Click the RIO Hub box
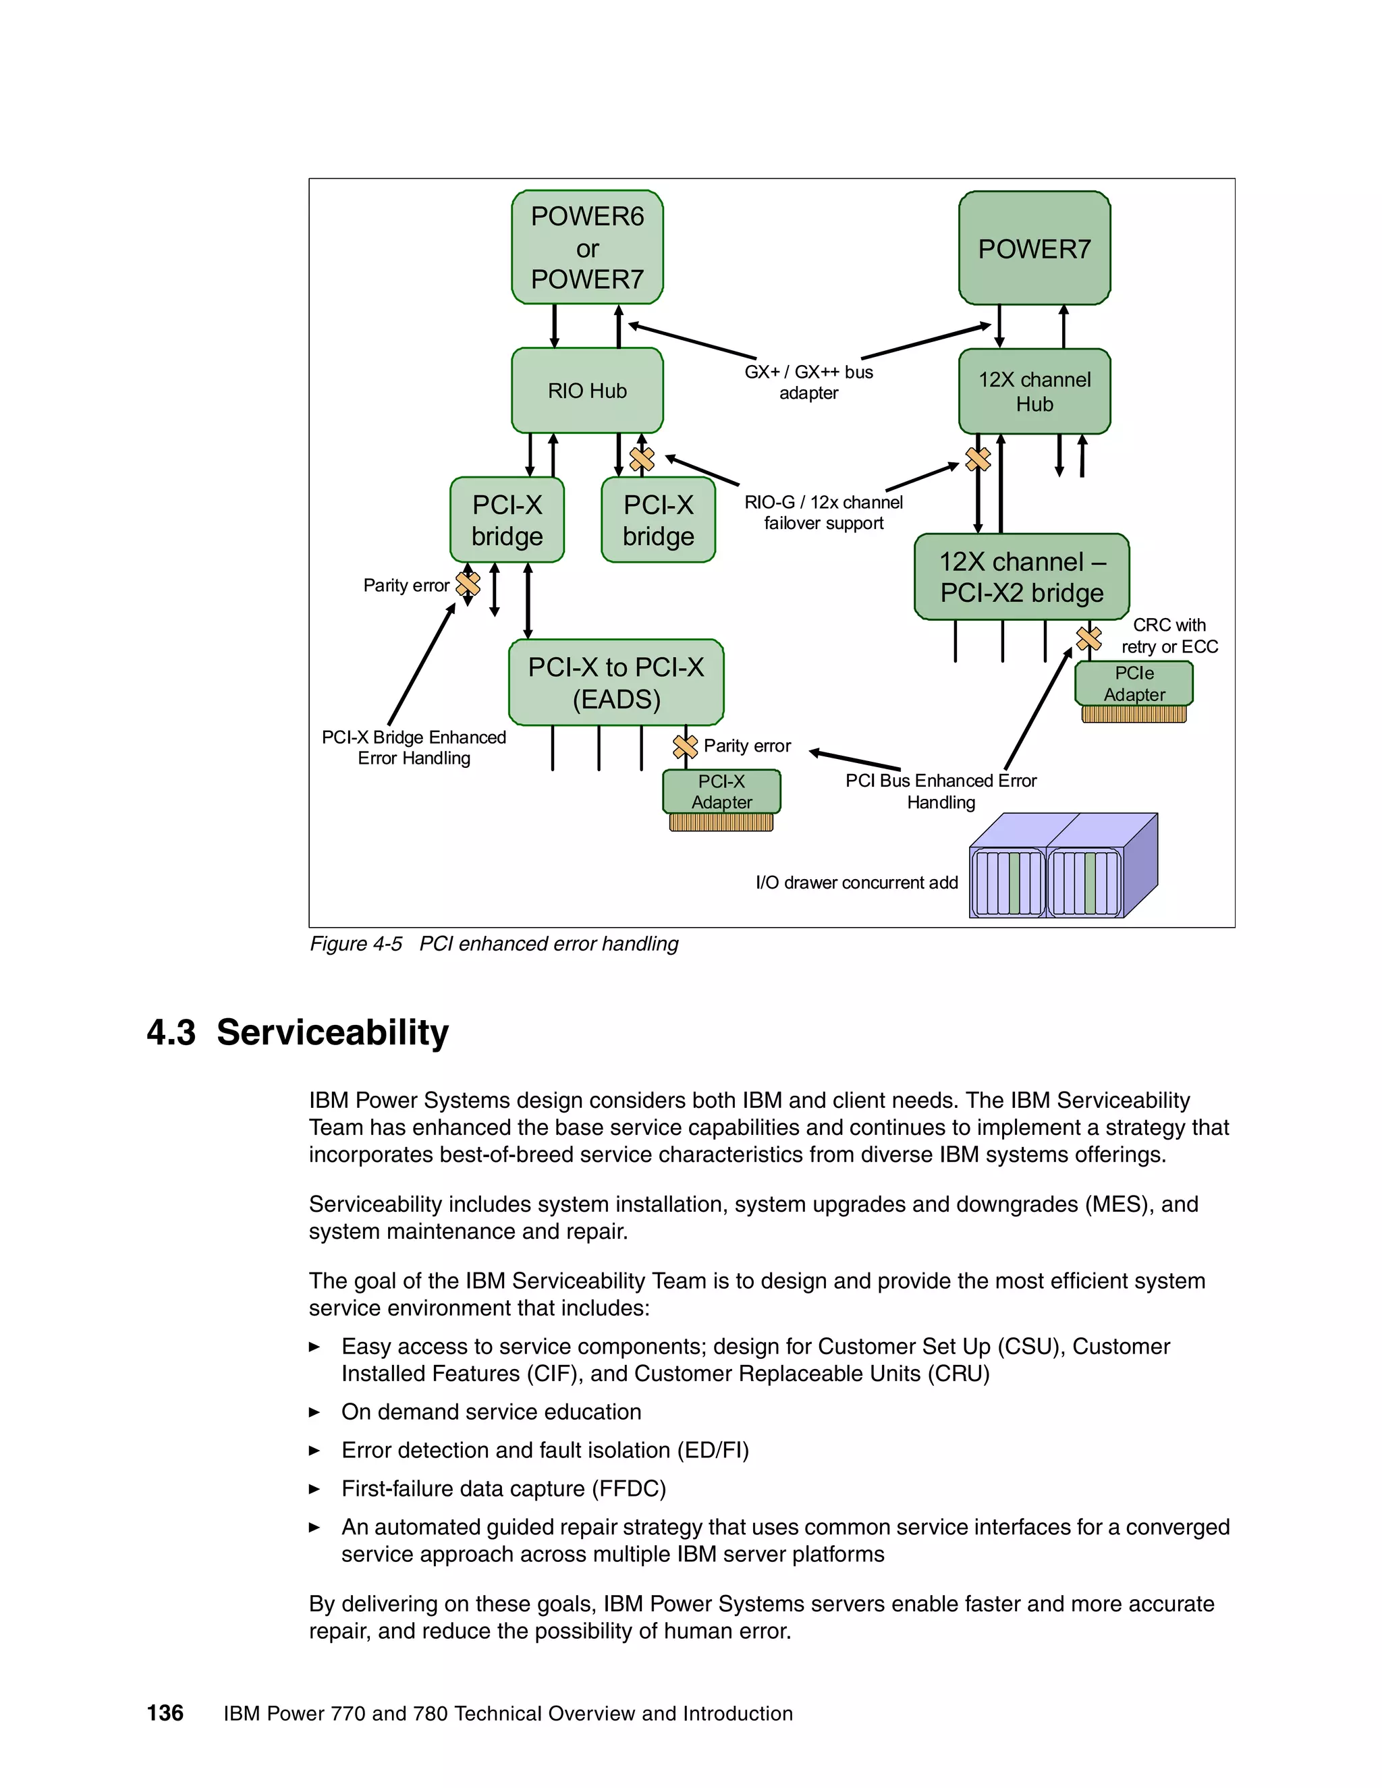pos(587,391)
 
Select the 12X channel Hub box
pos(1034,391)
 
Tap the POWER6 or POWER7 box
pos(587,247)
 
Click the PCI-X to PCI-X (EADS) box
pos(615,683)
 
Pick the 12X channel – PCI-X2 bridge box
pos(1021,576)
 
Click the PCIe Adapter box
pos(1134,683)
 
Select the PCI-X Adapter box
pos(721,791)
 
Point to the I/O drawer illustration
pos(1063,866)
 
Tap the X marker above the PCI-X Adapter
pos(684,746)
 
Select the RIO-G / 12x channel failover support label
pos(824,513)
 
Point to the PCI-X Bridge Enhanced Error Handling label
pos(414,748)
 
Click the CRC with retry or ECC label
pos(1169,636)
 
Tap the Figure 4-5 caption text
pos(494,944)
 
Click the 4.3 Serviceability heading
pos(298,1032)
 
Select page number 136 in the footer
pos(165,1712)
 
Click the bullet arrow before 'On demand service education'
pos(314,1412)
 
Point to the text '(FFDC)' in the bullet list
pos(629,1488)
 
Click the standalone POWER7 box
pos(1034,248)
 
